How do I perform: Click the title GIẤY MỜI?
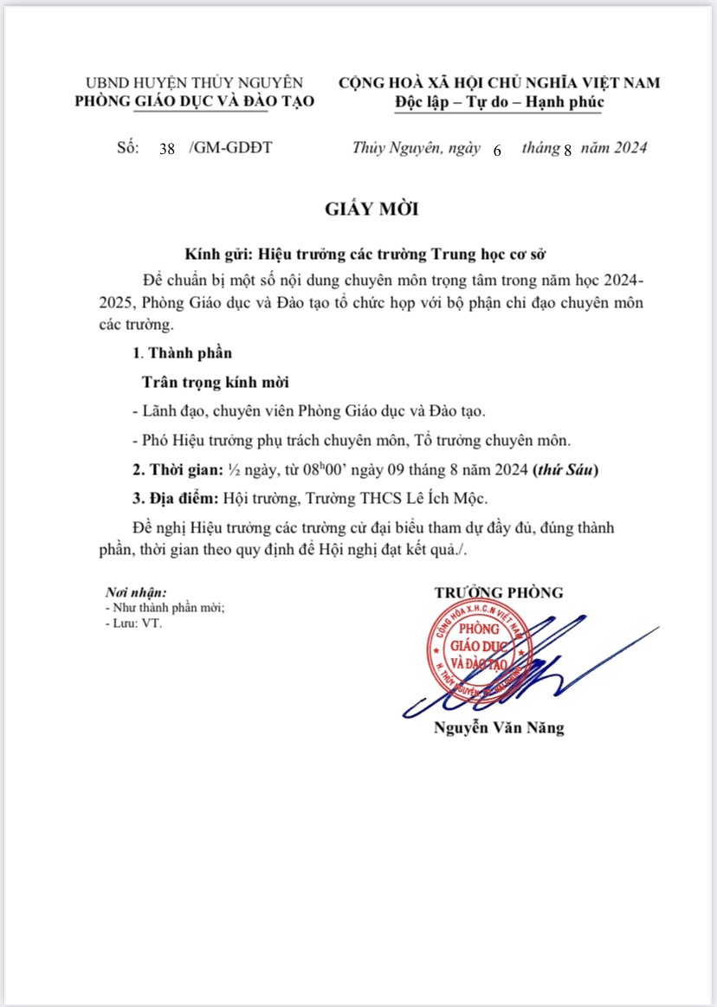click(358, 210)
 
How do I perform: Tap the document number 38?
click(167, 149)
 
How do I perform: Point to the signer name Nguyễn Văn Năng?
click(499, 728)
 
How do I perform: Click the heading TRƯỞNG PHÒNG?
click(499, 593)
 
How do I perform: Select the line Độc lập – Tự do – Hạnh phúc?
click(498, 102)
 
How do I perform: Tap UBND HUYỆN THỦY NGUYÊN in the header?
click(195, 83)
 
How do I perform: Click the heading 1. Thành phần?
click(182, 353)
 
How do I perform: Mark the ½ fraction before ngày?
click(234, 471)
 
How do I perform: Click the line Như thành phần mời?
click(164, 609)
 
